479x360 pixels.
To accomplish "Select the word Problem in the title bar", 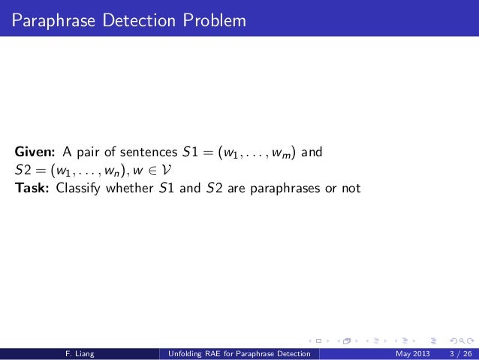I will [x=216, y=19].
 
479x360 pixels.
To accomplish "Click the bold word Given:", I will [x=32, y=154].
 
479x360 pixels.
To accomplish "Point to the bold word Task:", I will [x=31, y=187].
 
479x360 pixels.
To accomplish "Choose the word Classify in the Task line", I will [x=80, y=187].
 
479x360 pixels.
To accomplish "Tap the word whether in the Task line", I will [x=131, y=187].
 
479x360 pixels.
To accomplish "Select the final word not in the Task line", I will [x=350, y=187].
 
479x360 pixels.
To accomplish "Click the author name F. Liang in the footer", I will [x=79, y=354].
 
